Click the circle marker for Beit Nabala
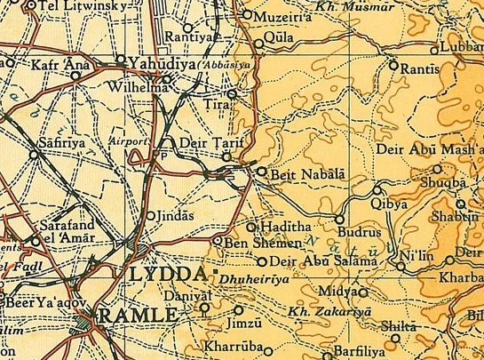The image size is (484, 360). pos(262,171)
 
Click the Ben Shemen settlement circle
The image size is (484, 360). pos(219,240)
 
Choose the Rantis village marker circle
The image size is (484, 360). pos(393,64)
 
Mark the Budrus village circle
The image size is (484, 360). pos(339,218)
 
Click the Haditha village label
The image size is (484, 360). pos(282,228)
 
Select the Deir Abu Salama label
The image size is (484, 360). pos(314,260)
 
